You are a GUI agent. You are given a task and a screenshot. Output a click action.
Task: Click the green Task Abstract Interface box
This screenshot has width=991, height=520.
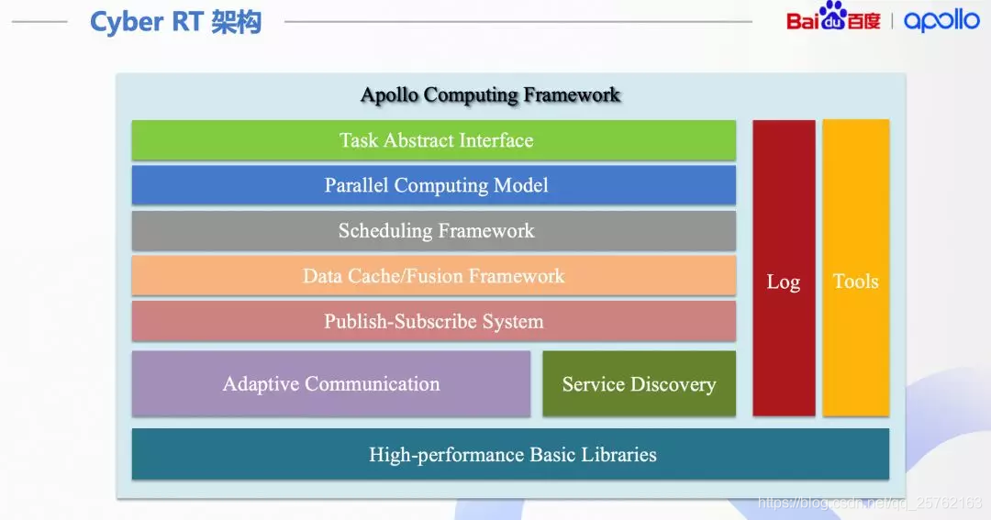point(433,140)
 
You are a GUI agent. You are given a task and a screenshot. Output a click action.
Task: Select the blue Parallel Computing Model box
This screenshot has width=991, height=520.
point(433,185)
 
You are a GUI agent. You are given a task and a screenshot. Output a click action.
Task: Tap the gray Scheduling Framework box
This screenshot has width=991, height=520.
point(433,231)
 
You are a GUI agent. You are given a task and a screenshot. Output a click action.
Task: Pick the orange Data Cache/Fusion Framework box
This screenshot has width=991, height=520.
point(433,276)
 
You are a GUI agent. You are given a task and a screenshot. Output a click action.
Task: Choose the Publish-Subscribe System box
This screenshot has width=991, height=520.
point(433,322)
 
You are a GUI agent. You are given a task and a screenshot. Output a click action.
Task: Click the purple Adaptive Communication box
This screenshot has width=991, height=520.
point(330,384)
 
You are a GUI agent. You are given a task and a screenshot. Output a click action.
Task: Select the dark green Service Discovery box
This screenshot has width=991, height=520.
point(639,384)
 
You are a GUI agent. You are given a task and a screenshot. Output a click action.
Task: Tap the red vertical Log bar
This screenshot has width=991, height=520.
point(784,268)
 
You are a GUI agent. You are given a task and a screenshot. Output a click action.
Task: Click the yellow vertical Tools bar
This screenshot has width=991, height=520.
point(855,268)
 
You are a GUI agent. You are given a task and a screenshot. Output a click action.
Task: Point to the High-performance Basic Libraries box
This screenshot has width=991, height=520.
point(511,455)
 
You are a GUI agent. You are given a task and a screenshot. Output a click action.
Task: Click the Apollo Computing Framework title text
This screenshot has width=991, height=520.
point(490,95)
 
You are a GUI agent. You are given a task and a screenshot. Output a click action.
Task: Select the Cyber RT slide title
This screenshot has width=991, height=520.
point(175,22)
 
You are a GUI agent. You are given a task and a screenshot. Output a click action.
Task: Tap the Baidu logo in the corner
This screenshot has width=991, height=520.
point(832,18)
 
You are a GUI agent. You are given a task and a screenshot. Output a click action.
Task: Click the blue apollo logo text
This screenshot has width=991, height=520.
point(941,20)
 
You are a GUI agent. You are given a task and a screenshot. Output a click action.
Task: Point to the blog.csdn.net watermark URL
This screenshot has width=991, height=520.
point(868,503)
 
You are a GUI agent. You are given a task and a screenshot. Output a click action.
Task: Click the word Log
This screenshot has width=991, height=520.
point(784,282)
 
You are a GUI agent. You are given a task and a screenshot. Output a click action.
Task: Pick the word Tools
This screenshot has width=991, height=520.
point(855,282)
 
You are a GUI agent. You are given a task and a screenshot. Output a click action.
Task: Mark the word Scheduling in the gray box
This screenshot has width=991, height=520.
point(384,231)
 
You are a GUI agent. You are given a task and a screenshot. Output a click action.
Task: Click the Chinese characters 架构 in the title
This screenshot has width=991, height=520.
point(237,22)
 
